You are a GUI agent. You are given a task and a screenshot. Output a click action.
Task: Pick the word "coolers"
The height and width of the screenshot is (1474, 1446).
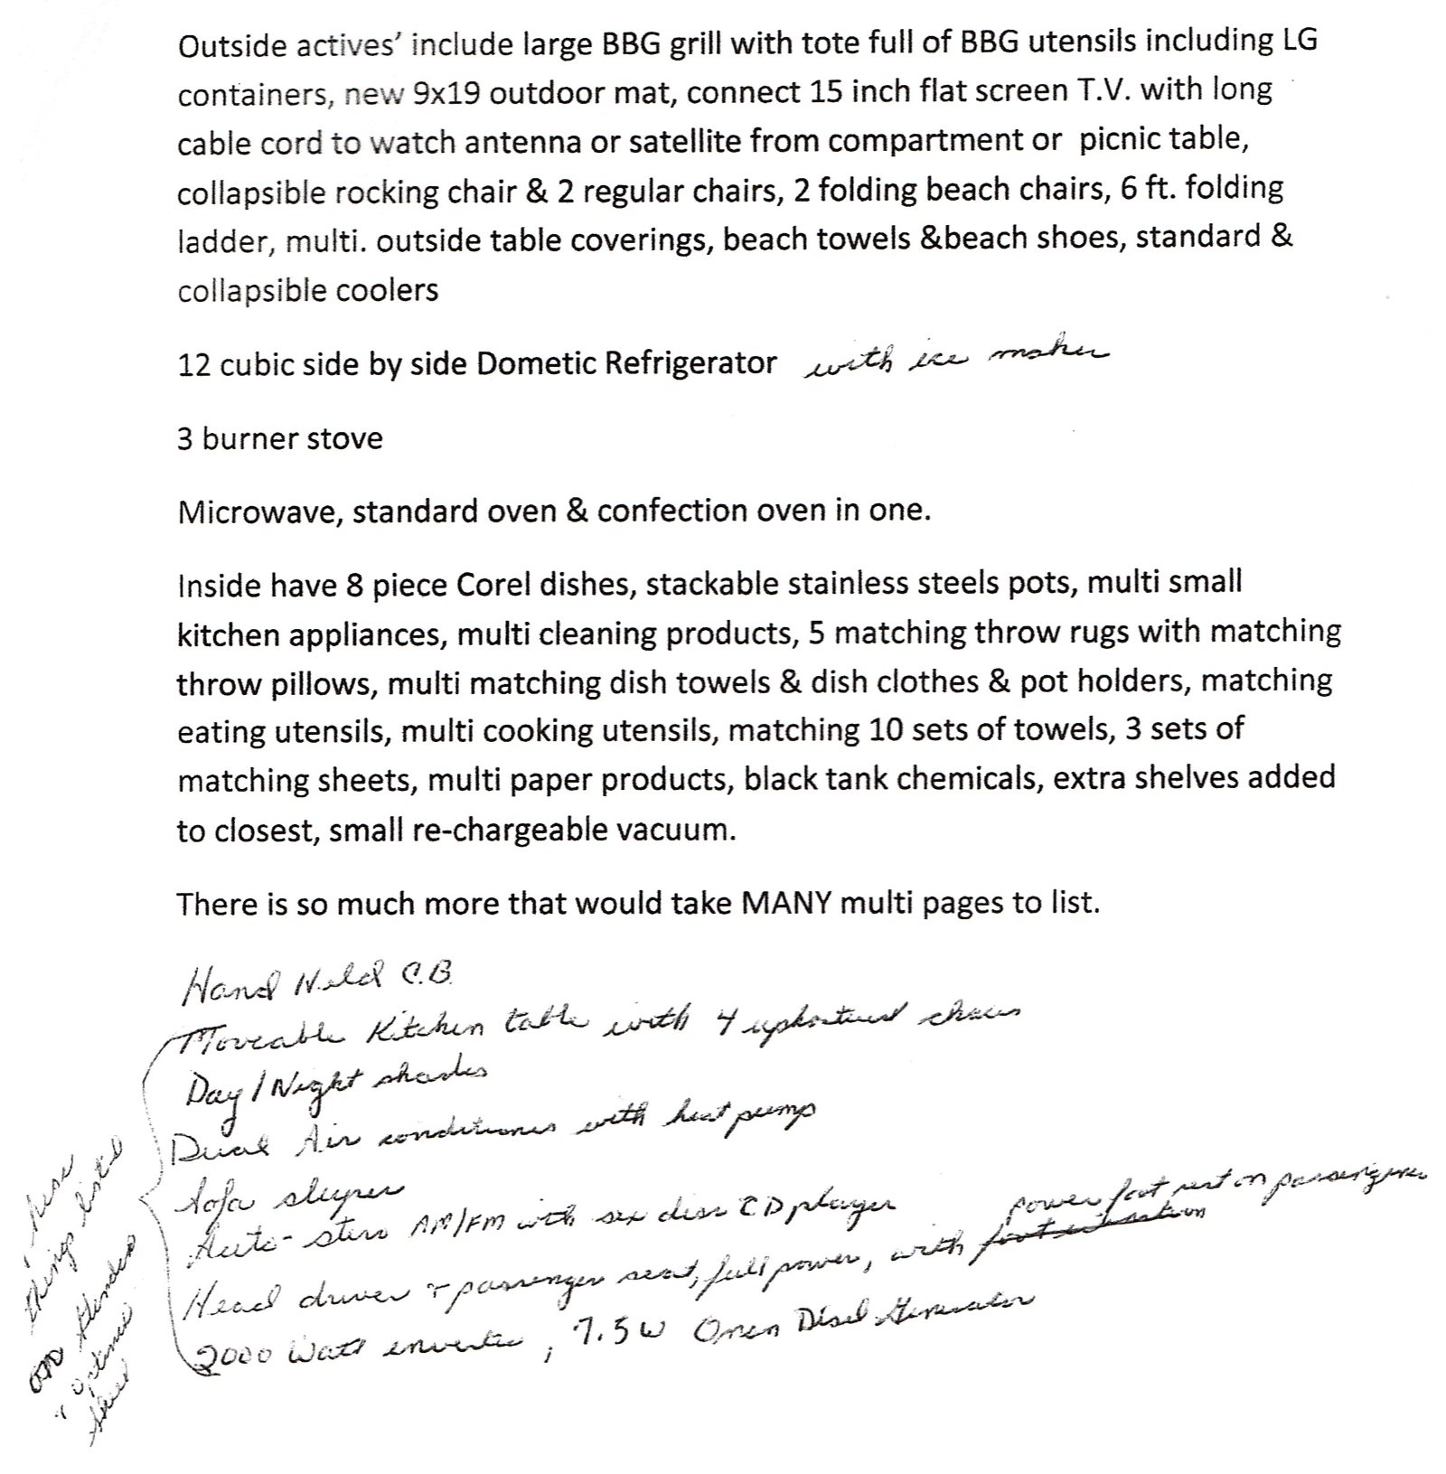[386, 290]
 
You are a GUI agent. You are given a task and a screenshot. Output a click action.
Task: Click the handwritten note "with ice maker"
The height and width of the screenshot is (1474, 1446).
[954, 360]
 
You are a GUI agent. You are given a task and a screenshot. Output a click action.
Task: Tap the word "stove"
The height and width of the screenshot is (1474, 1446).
[343, 438]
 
